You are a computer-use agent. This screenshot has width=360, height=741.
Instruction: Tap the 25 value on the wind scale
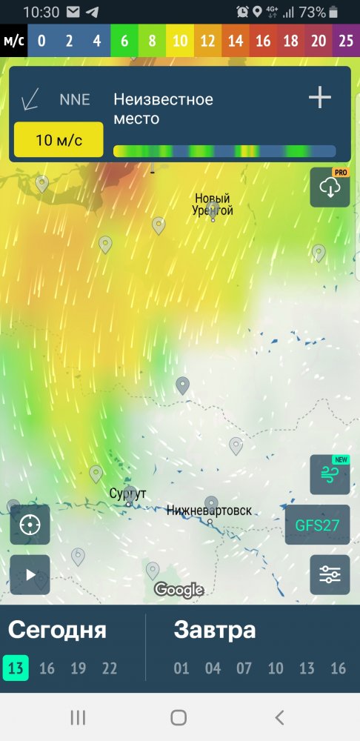click(x=347, y=41)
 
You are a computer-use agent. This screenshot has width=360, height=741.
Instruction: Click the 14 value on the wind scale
click(x=236, y=41)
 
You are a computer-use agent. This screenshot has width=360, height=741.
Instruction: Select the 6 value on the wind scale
click(x=124, y=41)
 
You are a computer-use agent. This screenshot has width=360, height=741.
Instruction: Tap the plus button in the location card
click(x=320, y=98)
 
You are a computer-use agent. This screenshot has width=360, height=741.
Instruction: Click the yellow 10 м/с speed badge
click(x=59, y=140)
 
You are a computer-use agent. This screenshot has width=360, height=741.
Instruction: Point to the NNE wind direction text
click(x=74, y=99)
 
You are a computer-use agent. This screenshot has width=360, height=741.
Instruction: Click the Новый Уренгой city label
click(x=213, y=205)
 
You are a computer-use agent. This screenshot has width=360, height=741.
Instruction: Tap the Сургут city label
click(x=127, y=494)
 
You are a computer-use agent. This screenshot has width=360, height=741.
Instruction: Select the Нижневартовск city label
click(x=209, y=511)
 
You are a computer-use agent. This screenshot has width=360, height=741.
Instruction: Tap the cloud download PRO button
click(x=330, y=187)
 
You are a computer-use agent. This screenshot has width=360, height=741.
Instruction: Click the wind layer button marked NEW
click(x=330, y=474)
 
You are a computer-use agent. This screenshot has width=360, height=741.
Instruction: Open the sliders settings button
click(x=330, y=574)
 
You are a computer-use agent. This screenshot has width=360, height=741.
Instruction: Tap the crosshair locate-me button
click(x=30, y=525)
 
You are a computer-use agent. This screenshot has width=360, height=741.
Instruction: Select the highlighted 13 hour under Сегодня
click(x=16, y=668)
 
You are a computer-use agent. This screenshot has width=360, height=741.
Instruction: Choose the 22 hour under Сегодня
click(x=110, y=668)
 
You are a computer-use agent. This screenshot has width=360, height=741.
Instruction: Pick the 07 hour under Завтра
click(x=244, y=668)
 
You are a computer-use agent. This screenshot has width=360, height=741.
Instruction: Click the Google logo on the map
click(x=179, y=590)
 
